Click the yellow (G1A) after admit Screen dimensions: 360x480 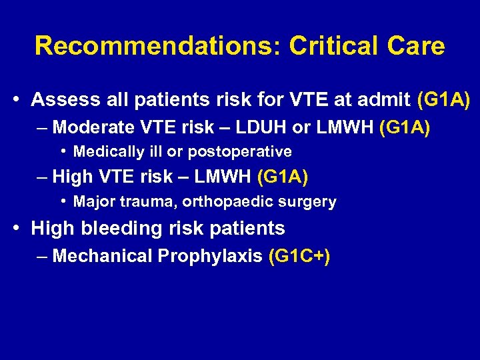click(x=443, y=100)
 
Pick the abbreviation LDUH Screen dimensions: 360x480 click(x=262, y=127)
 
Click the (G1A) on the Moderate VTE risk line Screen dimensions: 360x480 click(x=404, y=127)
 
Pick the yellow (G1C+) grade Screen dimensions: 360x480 click(x=299, y=255)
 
